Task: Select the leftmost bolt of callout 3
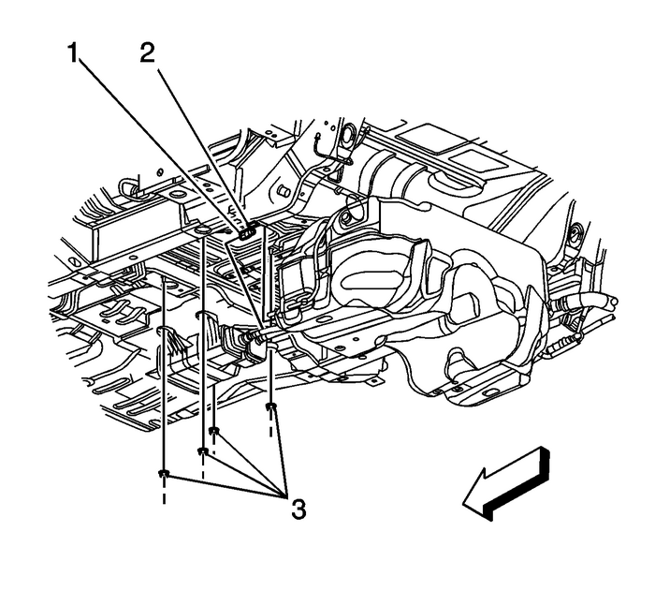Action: point(164,475)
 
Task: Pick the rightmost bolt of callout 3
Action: point(270,406)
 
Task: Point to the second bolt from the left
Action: point(202,452)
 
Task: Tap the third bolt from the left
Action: point(214,432)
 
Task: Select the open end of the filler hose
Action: point(610,302)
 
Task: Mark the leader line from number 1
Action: point(159,187)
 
